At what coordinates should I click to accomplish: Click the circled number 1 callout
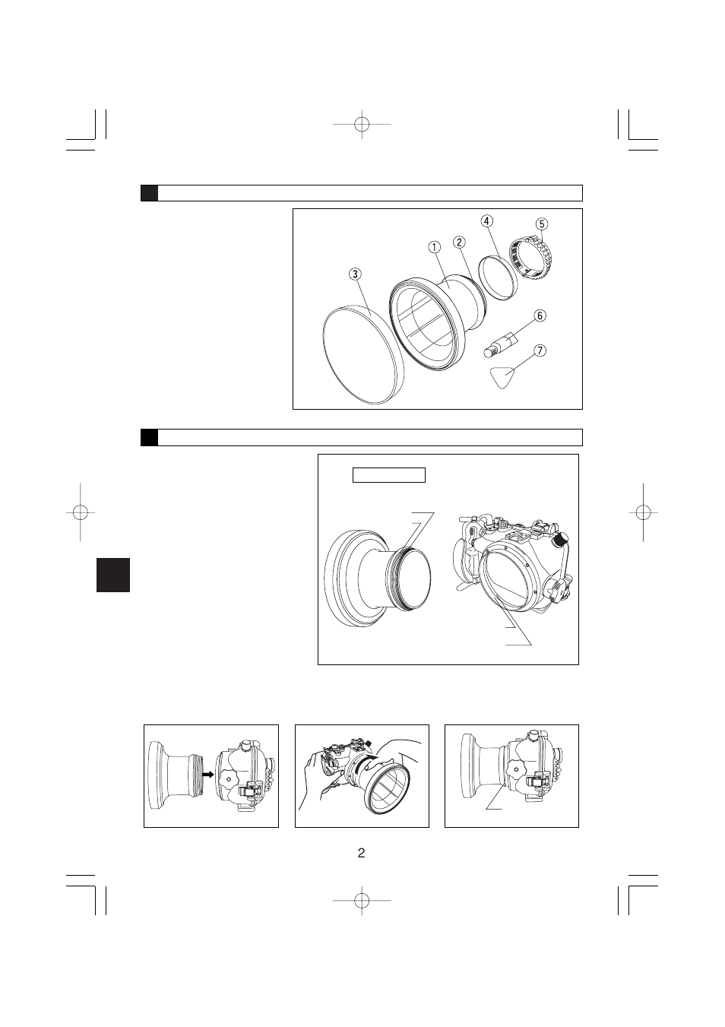[x=434, y=247]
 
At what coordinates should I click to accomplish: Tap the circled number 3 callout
[x=355, y=274]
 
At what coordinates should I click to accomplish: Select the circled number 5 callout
[x=541, y=224]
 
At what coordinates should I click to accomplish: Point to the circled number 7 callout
[x=540, y=351]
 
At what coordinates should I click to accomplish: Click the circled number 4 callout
[x=486, y=221]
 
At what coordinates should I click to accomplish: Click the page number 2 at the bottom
[x=362, y=853]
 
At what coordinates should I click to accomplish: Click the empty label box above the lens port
[x=388, y=475]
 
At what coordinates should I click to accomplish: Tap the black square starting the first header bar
[x=150, y=193]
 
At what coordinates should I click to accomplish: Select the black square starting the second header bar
[x=150, y=437]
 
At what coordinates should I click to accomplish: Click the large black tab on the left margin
[x=113, y=575]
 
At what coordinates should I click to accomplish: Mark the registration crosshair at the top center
[x=362, y=123]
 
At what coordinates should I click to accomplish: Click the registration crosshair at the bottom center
[x=362, y=900]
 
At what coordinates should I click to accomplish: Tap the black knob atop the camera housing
[x=561, y=539]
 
